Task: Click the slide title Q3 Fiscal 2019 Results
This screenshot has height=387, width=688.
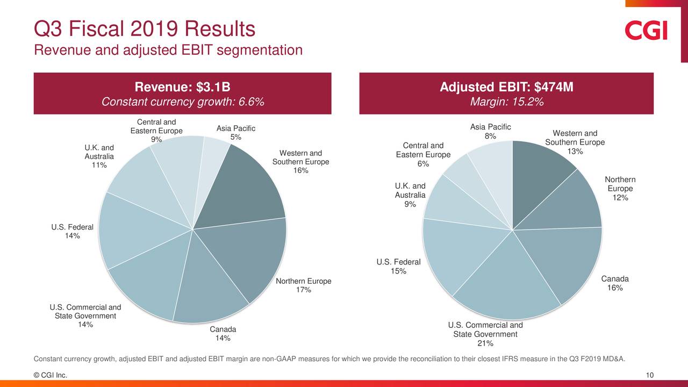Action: [144, 28]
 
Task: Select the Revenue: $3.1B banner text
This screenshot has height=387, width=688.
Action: [182, 87]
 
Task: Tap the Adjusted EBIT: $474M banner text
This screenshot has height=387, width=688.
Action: [506, 87]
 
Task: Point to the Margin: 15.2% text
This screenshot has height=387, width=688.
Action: [506, 102]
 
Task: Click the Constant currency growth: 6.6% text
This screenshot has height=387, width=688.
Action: [182, 102]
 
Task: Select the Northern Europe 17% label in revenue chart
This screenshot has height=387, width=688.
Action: [303, 286]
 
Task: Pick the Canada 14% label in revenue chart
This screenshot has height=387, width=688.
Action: [223, 333]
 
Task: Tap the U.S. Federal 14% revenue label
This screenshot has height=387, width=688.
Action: [73, 231]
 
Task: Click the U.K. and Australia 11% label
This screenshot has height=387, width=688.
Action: [99, 156]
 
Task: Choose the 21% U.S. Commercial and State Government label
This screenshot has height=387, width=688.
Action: [485, 334]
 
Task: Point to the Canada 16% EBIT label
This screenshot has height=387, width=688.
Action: [614, 283]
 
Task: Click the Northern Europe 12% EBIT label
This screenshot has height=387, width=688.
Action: [620, 189]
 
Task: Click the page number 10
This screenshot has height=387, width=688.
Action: [649, 375]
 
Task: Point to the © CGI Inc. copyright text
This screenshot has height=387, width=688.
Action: [51, 375]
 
